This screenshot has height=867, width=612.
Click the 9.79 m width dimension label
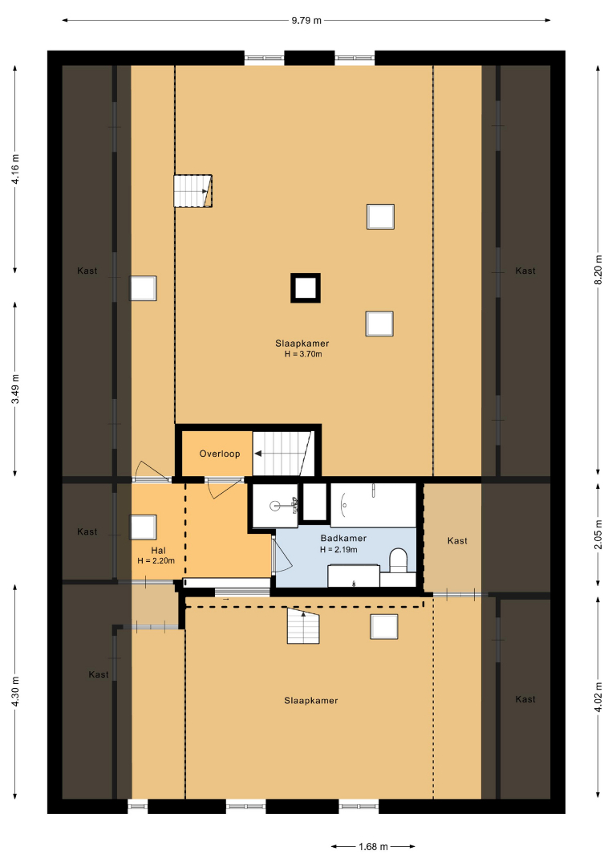(x=306, y=21)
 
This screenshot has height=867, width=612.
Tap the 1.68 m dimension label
(x=373, y=847)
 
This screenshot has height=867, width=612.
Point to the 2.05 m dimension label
(x=598, y=535)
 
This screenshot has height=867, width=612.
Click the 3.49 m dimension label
(x=15, y=389)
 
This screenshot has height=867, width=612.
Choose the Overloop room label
(x=220, y=454)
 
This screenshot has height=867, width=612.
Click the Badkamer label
(x=343, y=538)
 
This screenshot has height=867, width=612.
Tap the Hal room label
(x=158, y=550)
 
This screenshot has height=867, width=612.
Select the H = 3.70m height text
(x=302, y=354)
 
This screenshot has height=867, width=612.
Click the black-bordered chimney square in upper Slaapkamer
(x=306, y=288)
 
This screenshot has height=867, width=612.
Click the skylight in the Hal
(x=143, y=527)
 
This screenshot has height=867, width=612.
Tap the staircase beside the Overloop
(x=281, y=454)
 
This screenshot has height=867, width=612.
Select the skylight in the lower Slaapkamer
(x=384, y=626)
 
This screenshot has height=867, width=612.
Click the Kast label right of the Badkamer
(x=457, y=541)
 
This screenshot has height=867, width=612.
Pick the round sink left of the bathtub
(x=275, y=505)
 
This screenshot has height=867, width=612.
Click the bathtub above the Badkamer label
(x=374, y=505)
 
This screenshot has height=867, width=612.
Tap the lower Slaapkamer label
(x=311, y=701)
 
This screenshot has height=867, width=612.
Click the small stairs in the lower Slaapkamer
(x=303, y=625)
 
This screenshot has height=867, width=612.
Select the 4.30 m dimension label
(x=15, y=691)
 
